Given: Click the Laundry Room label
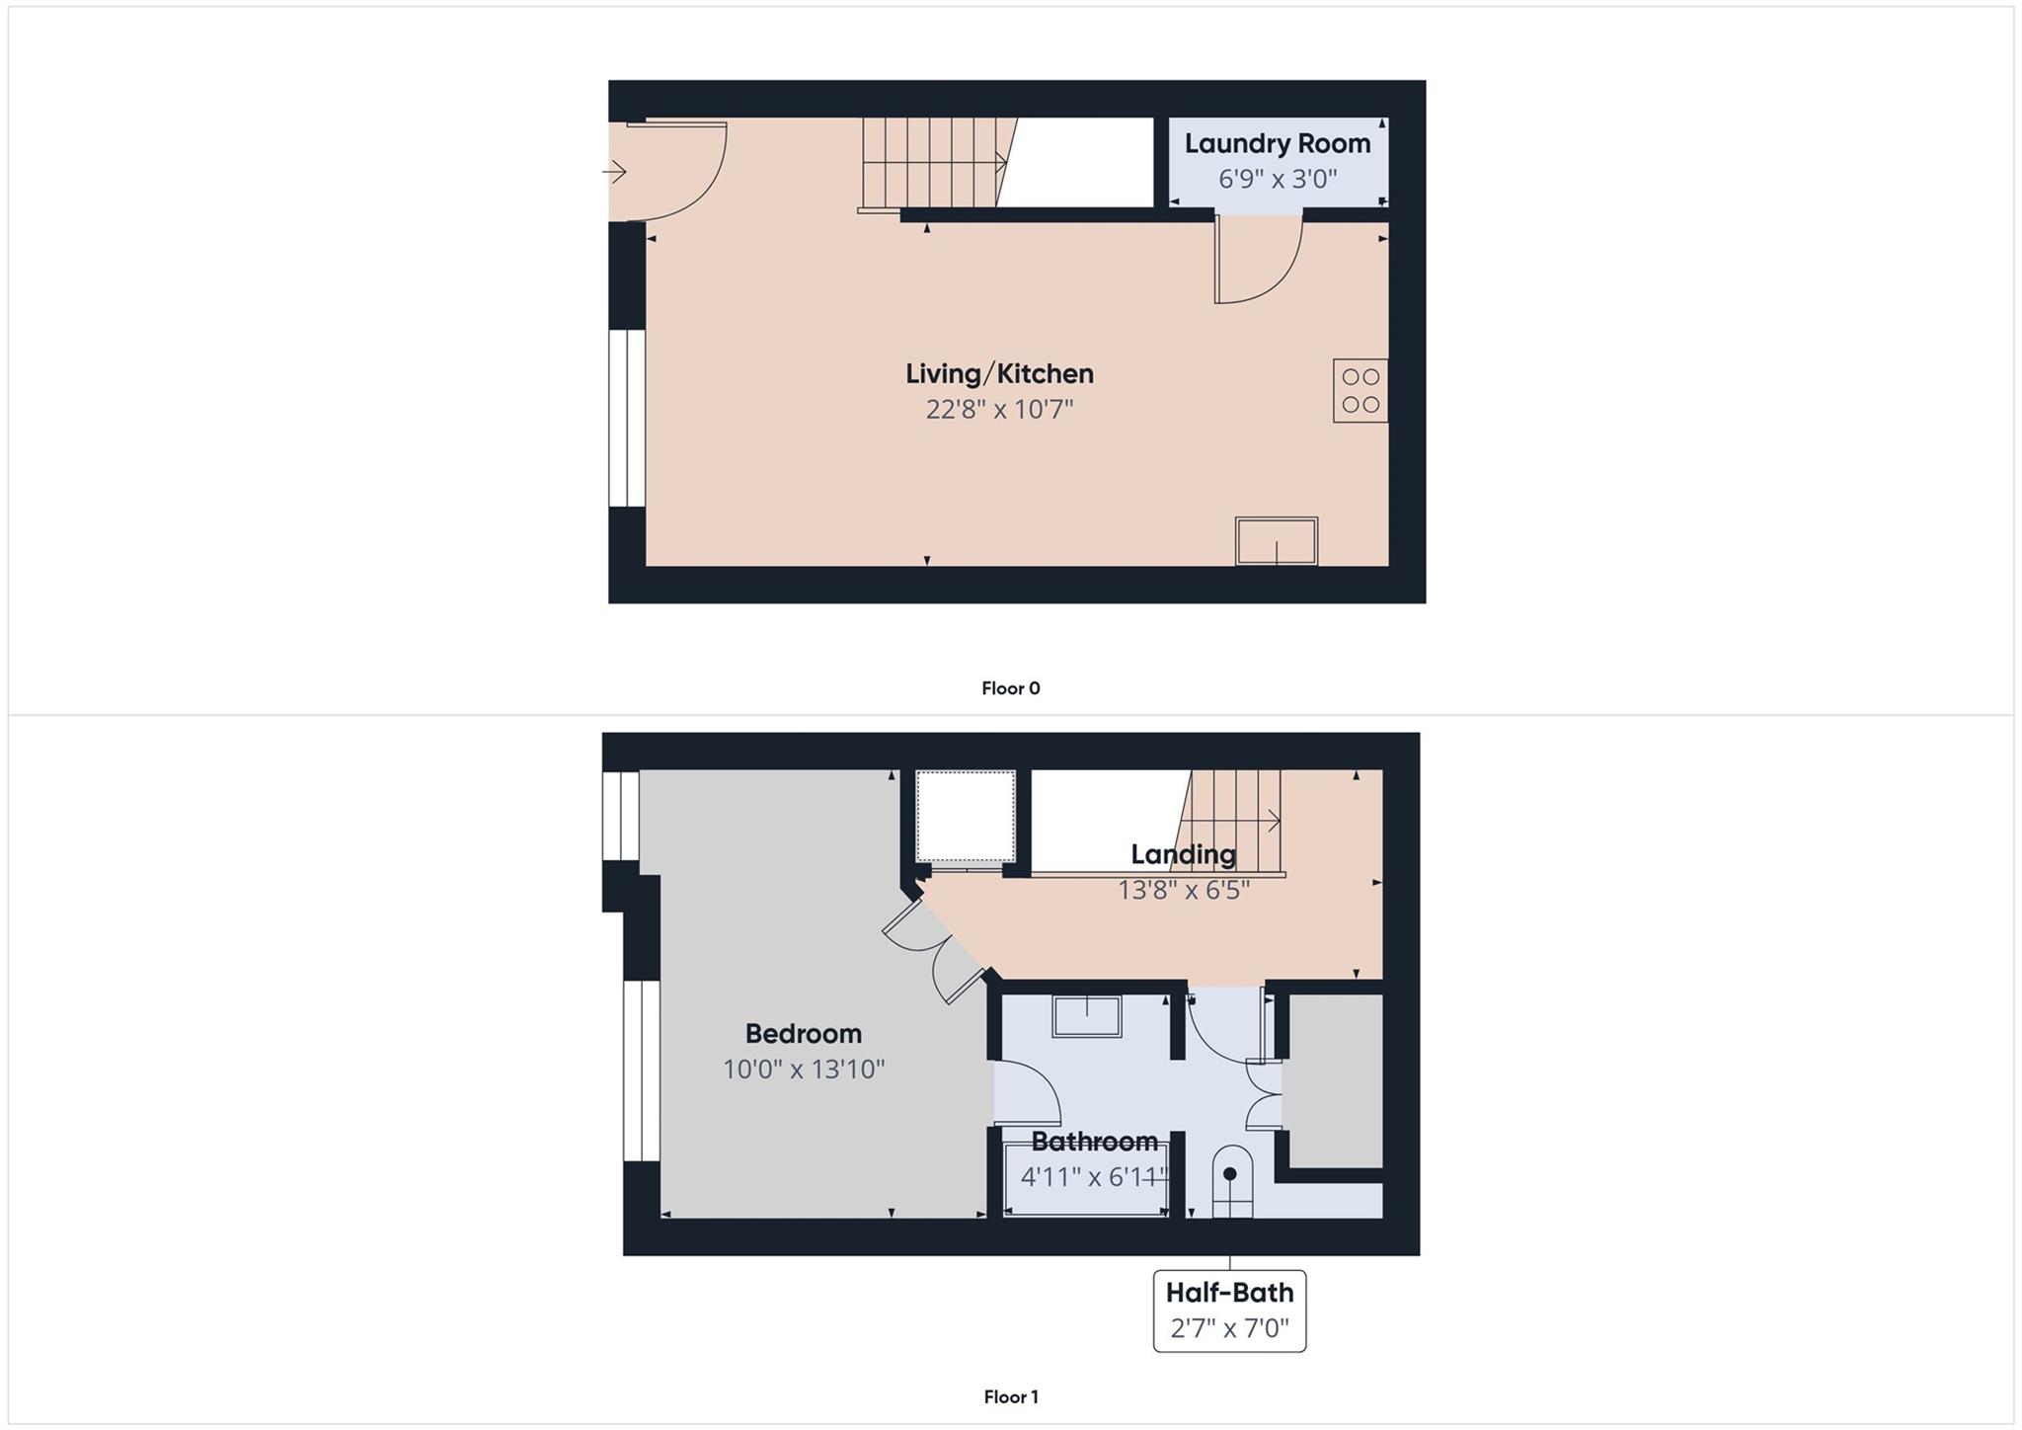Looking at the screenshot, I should click(1277, 144).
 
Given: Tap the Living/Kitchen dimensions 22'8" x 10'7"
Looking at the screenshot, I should click(999, 409).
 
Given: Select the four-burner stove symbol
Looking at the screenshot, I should click(1360, 391).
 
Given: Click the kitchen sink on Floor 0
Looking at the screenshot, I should click(1276, 541).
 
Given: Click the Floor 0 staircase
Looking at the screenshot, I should click(933, 163).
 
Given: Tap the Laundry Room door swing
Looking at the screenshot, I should click(1258, 260).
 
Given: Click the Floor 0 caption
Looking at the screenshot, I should click(1010, 688).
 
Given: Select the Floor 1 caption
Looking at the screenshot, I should click(1010, 1396).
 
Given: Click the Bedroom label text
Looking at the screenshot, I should click(803, 1034).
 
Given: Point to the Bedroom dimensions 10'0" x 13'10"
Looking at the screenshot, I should click(804, 1070).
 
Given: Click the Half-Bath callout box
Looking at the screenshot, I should click(1229, 1311).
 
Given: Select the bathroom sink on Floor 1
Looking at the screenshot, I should click(1086, 1016).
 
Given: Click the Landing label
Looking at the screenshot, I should click(1183, 854).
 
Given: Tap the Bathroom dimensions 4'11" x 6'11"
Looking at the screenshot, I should click(1094, 1177).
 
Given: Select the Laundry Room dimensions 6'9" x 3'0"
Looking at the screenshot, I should click(1278, 180).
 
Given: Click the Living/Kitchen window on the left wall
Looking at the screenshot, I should click(626, 418).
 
